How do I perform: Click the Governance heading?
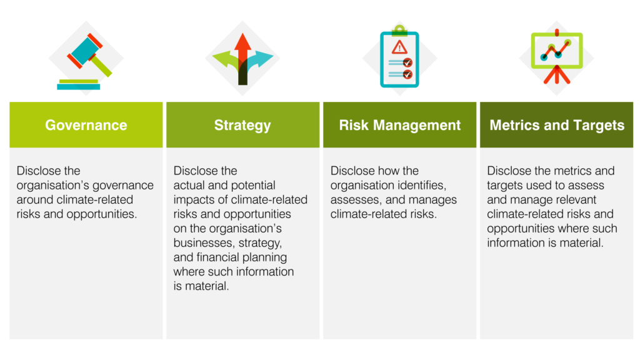click(x=86, y=125)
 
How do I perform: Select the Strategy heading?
click(x=242, y=125)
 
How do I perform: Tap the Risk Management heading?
click(x=399, y=125)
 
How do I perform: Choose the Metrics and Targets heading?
click(x=557, y=125)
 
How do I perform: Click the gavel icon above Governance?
click(x=87, y=53)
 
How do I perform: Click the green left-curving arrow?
click(x=224, y=61)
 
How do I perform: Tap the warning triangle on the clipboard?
click(x=399, y=47)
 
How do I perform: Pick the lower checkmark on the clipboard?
click(x=407, y=74)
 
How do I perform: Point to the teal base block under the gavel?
click(x=78, y=86)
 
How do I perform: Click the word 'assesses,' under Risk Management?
click(x=352, y=200)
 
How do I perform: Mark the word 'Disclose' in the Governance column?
click(x=39, y=171)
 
